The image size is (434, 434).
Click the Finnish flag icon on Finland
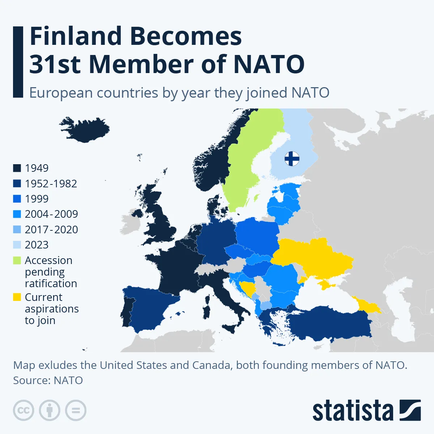(292, 158)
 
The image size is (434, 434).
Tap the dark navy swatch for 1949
(17, 168)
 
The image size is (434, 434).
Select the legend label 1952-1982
(51, 184)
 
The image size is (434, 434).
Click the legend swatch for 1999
(17, 199)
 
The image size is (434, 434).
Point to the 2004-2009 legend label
(51, 214)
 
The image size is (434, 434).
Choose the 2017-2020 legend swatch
(17, 230)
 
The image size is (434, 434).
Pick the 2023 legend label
(37, 245)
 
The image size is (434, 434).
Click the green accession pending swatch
(17, 260)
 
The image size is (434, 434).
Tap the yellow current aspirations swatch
(17, 297)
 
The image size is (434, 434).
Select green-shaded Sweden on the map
(246, 163)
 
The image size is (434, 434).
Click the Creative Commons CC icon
(24, 410)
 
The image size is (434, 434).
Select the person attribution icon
(50, 410)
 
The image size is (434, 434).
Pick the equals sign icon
(76, 410)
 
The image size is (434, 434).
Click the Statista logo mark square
(410, 410)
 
